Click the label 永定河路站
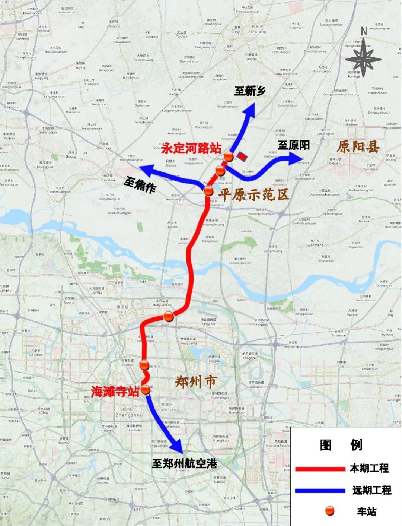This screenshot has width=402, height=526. [191, 149]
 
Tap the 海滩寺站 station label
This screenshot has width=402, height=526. [115, 391]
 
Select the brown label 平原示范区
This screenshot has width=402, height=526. [253, 194]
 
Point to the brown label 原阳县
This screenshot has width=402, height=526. [358, 147]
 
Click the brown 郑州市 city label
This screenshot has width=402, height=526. [195, 381]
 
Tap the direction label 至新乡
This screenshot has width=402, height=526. [249, 91]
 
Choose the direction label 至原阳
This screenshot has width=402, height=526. [294, 145]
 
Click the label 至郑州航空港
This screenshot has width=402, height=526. [185, 463]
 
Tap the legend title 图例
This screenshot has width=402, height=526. [341, 445]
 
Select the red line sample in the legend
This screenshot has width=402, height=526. [320, 469]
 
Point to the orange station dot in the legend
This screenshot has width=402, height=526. [329, 511]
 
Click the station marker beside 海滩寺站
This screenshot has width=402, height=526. [145, 390]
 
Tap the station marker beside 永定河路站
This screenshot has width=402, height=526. [229, 156]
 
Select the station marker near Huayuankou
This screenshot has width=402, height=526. [169, 317]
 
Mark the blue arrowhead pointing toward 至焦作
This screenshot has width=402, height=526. [146, 171]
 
